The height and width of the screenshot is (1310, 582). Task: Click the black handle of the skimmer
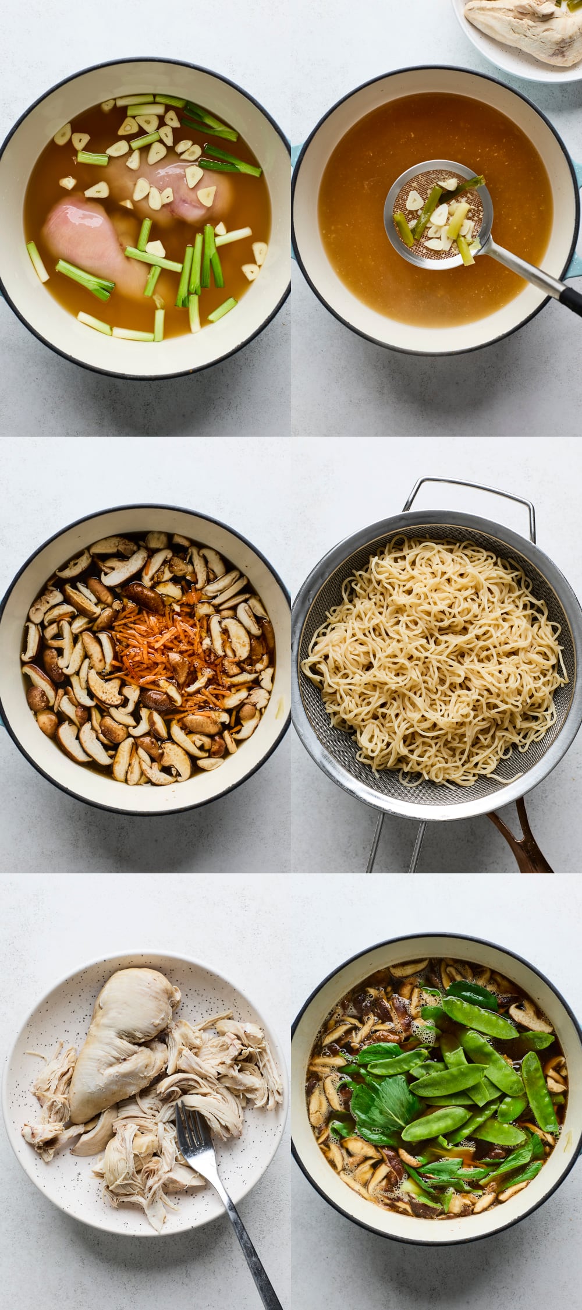571,302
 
